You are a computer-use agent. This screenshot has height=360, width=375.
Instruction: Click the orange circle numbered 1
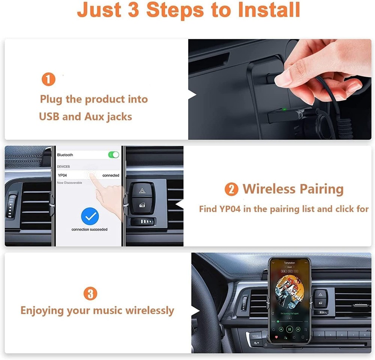(x=48, y=79)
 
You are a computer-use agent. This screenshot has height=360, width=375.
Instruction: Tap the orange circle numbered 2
(x=231, y=189)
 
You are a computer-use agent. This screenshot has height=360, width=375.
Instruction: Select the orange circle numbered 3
(x=90, y=293)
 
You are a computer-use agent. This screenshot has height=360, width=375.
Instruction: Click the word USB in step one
(x=49, y=117)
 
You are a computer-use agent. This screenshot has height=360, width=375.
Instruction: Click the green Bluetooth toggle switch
(x=113, y=155)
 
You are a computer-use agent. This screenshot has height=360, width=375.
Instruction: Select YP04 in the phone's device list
(x=63, y=175)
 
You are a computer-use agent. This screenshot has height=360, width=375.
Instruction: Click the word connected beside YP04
(x=111, y=175)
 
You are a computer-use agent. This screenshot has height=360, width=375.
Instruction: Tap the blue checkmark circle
(x=90, y=216)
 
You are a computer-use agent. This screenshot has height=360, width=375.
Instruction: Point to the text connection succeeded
(x=90, y=229)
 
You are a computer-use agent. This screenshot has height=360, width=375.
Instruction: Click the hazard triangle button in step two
(x=142, y=191)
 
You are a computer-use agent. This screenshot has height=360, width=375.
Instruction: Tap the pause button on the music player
(x=289, y=329)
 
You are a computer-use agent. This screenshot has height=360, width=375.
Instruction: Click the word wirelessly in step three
(x=150, y=311)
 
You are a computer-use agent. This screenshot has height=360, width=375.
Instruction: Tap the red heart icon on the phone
(x=276, y=338)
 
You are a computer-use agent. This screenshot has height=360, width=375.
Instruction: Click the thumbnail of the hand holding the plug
(x=280, y=89)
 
